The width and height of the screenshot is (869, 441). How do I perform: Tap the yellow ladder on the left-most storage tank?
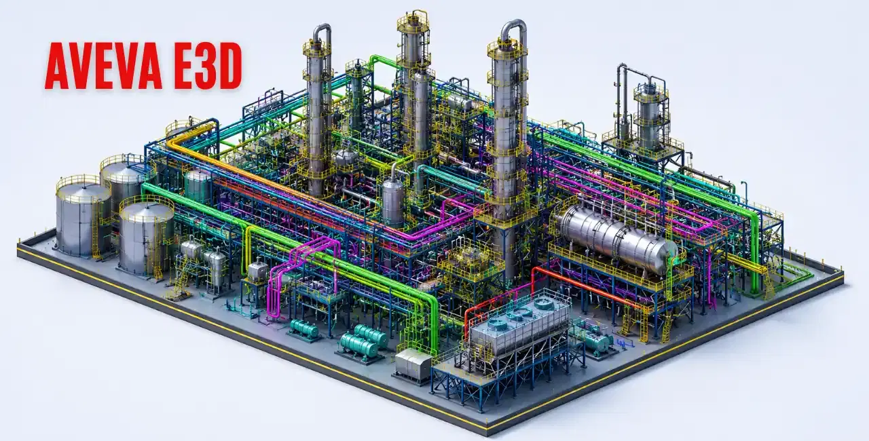click(96, 237)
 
